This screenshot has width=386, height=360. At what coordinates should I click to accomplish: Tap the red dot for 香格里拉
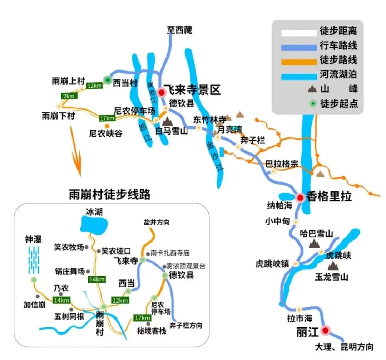click(300, 197)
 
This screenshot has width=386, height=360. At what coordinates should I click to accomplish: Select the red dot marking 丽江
click(325, 330)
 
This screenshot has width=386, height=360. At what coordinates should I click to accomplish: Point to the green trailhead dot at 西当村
click(107, 80)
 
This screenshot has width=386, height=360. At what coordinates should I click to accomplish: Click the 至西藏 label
click(179, 30)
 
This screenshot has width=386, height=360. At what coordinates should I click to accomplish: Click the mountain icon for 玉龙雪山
click(333, 265)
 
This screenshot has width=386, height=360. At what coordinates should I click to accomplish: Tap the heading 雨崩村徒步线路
click(109, 194)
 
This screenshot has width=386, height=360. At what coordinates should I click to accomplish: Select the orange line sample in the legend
click(299, 61)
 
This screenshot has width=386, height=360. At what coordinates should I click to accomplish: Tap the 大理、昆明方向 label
click(344, 346)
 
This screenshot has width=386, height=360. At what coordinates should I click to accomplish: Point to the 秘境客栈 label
click(152, 331)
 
